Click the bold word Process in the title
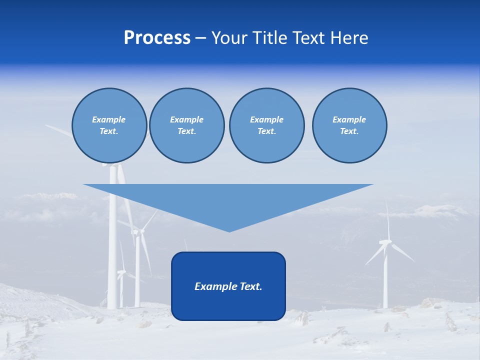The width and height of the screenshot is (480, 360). (157, 38)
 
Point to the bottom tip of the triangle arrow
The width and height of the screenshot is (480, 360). (229, 230)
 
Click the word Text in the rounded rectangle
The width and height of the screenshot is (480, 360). (250, 286)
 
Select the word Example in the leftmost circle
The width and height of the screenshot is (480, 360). (108, 119)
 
